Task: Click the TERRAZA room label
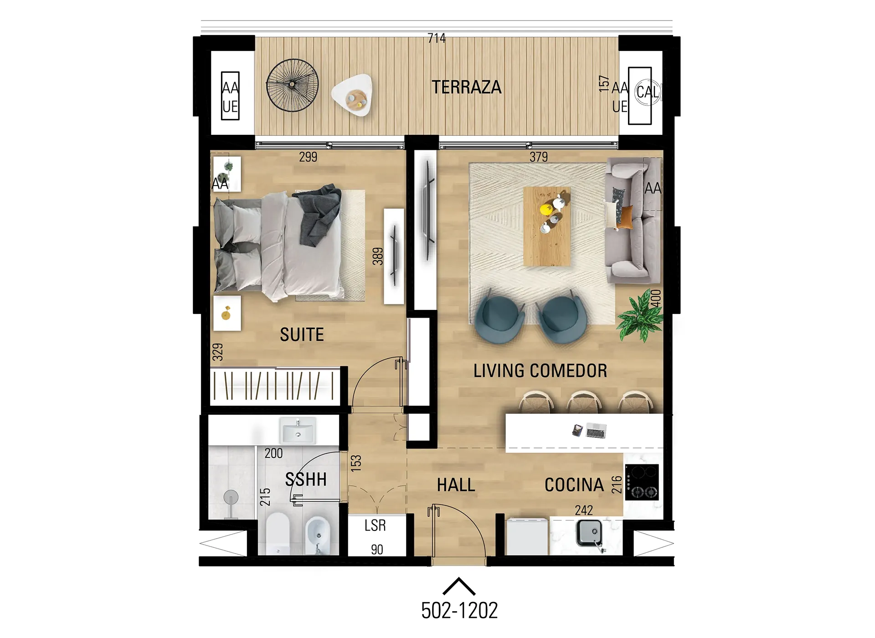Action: click(466, 87)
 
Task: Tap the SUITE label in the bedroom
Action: click(302, 334)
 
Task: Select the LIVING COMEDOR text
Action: click(540, 370)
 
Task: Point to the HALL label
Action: click(456, 485)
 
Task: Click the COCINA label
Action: click(574, 485)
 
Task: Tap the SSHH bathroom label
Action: click(306, 479)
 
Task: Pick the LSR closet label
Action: click(375, 525)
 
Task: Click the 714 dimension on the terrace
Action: click(437, 38)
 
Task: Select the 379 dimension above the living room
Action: click(539, 157)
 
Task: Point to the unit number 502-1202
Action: click(459, 611)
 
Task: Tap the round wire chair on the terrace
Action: click(292, 85)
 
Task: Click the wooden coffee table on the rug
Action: click(547, 226)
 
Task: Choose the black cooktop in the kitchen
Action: click(642, 482)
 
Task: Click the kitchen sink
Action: click(590, 533)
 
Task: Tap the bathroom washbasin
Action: click(298, 430)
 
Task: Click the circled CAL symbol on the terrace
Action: click(648, 92)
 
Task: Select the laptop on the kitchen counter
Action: click(596, 430)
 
